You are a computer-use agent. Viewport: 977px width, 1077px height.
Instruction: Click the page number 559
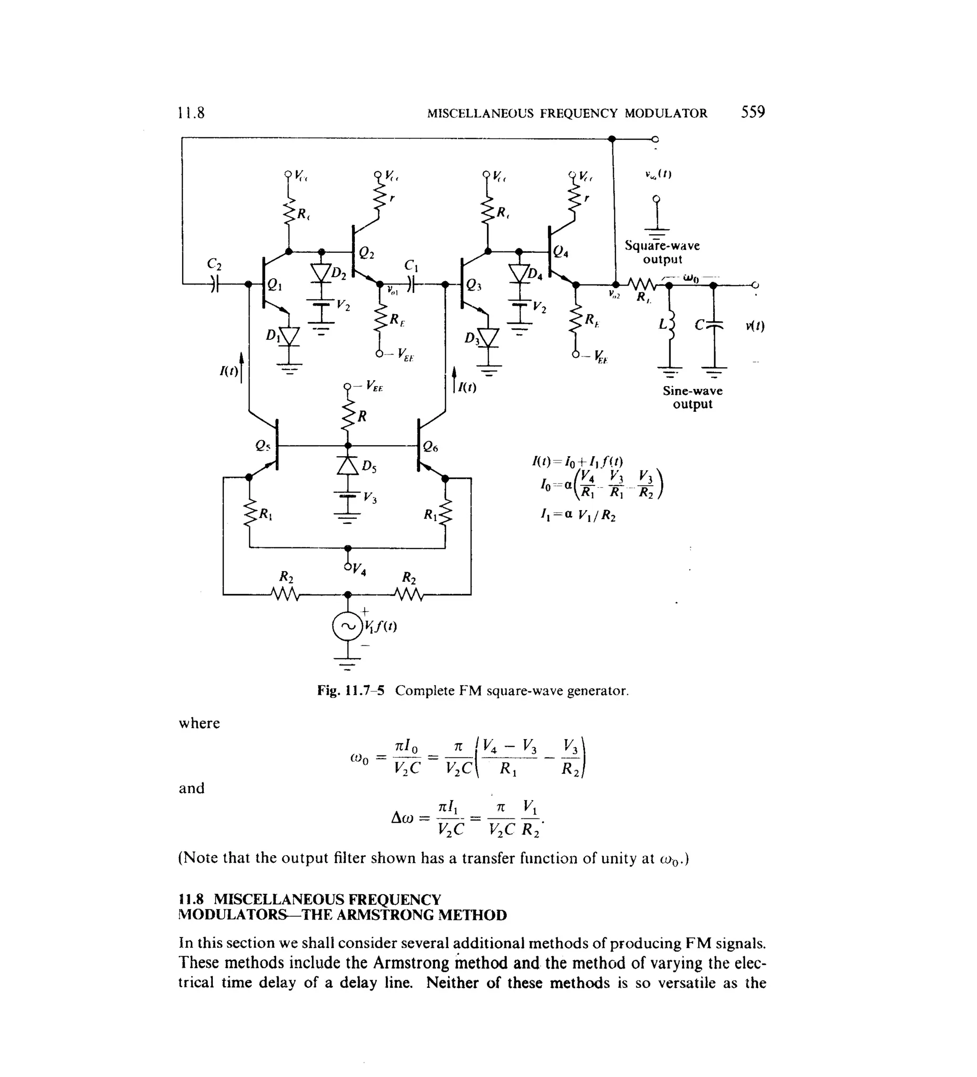pyautogui.click(x=752, y=112)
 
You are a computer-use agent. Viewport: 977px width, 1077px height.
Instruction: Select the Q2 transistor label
pyautogui.click(x=366, y=254)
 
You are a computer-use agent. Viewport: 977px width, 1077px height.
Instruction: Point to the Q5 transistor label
pyautogui.click(x=263, y=446)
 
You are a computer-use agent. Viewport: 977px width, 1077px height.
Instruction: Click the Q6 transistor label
pyautogui.click(x=430, y=447)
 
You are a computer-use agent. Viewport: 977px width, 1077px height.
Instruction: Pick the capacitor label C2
pyautogui.click(x=214, y=264)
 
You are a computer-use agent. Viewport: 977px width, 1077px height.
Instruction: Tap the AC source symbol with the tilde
pyautogui.click(x=347, y=627)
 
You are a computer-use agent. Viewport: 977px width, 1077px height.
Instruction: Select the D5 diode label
pyautogui.click(x=369, y=468)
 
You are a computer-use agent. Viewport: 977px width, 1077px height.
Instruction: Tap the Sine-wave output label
pyautogui.click(x=692, y=397)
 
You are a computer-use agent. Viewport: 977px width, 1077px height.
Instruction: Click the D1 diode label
pyautogui.click(x=272, y=335)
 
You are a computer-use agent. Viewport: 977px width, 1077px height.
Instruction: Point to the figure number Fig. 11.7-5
pyautogui.click(x=351, y=691)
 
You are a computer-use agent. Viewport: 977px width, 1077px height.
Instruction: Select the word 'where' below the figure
pyautogui.click(x=199, y=723)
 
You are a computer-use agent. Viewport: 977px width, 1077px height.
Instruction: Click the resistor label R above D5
pyautogui.click(x=362, y=416)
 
